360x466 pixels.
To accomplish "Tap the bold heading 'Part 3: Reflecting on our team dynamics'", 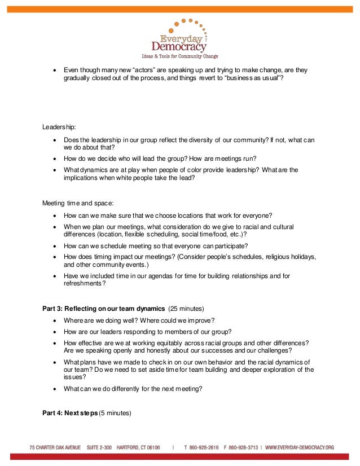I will (103, 309).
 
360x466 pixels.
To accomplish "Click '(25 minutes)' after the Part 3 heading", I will (186, 309).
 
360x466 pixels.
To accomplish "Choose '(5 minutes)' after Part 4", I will (115, 412).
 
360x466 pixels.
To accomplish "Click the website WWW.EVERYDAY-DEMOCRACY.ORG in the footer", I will (300, 447).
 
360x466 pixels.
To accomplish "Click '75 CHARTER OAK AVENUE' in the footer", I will (55, 447).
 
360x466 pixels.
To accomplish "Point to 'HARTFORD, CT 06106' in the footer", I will (138, 447).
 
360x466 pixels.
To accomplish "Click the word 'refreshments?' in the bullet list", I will (85, 284).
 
